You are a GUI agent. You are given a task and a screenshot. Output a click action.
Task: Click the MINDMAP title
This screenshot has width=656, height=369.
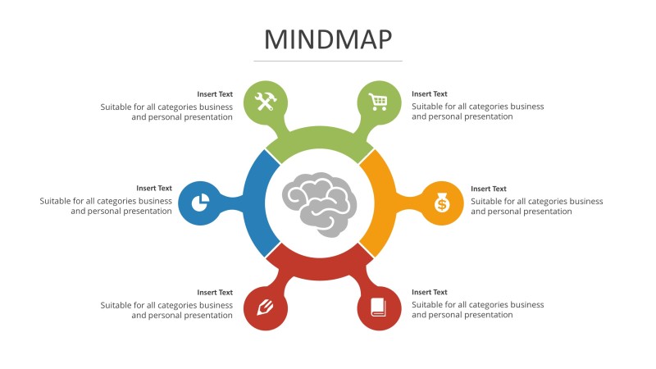(x=328, y=39)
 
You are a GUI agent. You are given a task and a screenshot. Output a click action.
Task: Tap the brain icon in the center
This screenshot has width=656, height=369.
(x=321, y=203)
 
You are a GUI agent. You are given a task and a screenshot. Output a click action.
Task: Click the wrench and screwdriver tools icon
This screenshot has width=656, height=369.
(x=266, y=102)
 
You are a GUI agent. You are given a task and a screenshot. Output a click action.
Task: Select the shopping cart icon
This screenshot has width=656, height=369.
(x=378, y=102)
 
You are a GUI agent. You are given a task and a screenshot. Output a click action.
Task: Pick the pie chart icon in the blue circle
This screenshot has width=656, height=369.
(x=199, y=203)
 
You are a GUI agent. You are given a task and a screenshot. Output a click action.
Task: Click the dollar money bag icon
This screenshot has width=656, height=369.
(x=442, y=203)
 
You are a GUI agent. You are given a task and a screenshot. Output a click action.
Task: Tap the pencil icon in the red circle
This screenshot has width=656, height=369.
(x=265, y=307)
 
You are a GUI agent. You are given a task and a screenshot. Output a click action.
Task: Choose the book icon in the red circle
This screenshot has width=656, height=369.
(x=378, y=307)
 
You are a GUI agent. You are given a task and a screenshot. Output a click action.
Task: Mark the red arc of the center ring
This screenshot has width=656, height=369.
(x=321, y=267)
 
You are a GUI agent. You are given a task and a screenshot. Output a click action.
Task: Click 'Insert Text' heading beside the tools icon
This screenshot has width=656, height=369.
(x=215, y=94)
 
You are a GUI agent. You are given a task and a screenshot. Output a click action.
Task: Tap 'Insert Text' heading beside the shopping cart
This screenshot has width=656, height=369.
(x=430, y=94)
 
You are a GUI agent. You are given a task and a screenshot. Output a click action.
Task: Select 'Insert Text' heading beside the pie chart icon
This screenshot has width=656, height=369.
(x=154, y=189)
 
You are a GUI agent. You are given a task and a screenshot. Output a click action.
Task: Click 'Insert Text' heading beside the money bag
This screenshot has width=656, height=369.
(x=489, y=189)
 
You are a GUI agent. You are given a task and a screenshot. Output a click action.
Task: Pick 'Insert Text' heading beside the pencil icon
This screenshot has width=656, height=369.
(x=215, y=292)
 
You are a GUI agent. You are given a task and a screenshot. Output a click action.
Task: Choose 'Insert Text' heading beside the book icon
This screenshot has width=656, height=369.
(x=430, y=292)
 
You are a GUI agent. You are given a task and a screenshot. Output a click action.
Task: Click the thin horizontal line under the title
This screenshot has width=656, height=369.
(x=328, y=61)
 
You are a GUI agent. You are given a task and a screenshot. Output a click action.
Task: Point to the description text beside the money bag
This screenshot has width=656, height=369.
(x=536, y=206)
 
